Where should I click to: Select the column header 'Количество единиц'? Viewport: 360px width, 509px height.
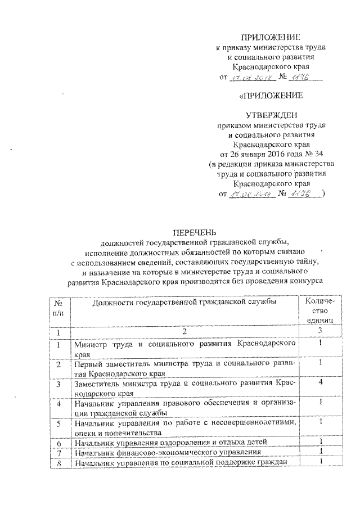coord(319,310)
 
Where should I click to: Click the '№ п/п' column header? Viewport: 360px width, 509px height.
coord(58,307)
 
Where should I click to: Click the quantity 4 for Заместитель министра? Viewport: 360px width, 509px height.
coord(319,382)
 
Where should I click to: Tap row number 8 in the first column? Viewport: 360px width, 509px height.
coord(58,462)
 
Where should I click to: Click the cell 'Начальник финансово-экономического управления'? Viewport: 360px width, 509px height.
coord(167,452)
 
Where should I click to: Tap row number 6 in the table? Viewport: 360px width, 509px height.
coord(58,443)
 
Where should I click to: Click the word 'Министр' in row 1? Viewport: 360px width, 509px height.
coord(89,343)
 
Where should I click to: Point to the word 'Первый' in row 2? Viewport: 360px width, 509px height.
coord(87,363)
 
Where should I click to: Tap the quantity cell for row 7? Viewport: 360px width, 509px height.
coord(319,452)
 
